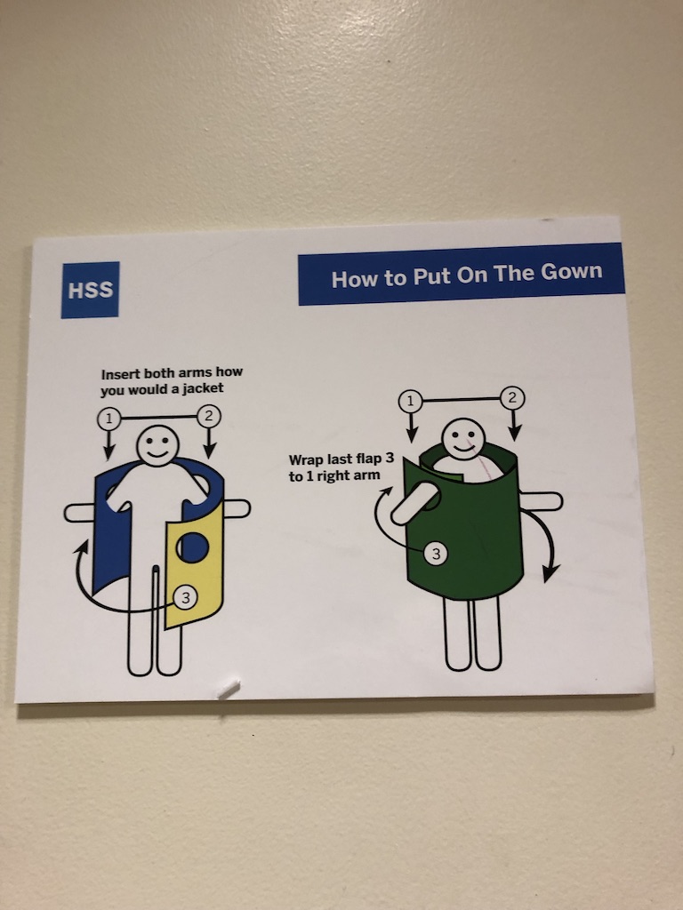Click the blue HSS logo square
(90, 290)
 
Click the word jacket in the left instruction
(204, 388)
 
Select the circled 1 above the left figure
(108, 419)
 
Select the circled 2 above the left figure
(209, 416)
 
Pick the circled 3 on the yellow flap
(185, 597)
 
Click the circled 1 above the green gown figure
(411, 401)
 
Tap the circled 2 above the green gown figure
(512, 397)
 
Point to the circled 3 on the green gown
(436, 554)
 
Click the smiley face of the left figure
(158, 445)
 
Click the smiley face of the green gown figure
(462, 438)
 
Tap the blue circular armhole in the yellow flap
(192, 547)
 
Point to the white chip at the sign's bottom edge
(229, 690)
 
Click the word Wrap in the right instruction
(306, 460)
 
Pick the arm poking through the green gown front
(414, 504)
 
